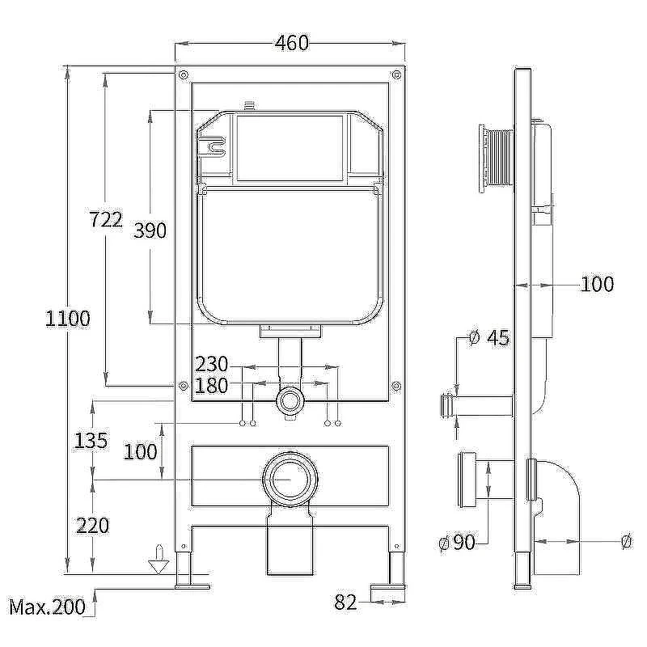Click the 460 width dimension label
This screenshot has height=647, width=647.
click(x=292, y=43)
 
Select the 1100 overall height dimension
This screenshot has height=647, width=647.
click(x=67, y=319)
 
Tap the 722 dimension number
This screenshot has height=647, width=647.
click(x=106, y=219)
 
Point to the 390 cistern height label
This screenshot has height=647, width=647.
click(x=150, y=230)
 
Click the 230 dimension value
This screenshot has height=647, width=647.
click(x=212, y=365)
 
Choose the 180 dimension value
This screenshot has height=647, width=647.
click(x=211, y=386)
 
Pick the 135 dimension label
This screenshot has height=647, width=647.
click(x=91, y=441)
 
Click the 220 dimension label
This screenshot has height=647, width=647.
click(x=93, y=526)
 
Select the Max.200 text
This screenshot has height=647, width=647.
click(x=48, y=607)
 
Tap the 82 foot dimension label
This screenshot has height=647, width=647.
click(x=345, y=603)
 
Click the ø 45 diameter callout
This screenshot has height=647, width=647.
click(x=489, y=338)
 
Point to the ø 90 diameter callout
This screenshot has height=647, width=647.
click(x=457, y=542)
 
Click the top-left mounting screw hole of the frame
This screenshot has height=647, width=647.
click(x=184, y=74)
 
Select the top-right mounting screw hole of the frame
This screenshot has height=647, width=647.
click(x=396, y=74)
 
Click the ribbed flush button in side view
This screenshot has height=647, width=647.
click(x=496, y=159)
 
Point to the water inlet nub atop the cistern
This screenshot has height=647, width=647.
click(x=248, y=106)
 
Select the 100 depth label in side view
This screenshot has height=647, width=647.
click(x=597, y=285)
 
